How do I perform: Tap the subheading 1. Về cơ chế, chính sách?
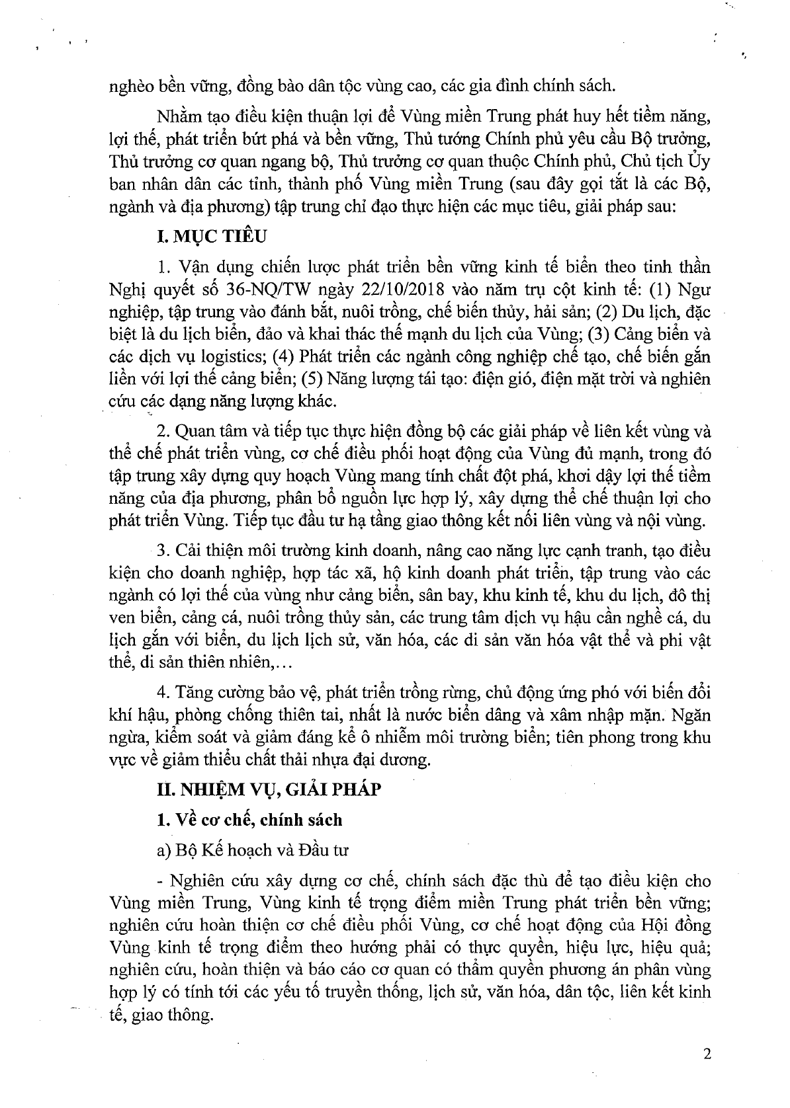pyautogui.click(x=249, y=820)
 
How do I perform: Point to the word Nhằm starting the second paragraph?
pyautogui.click(x=178, y=117)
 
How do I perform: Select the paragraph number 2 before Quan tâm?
pyautogui.click(x=163, y=432)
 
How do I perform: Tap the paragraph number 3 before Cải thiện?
pyautogui.click(x=163, y=551)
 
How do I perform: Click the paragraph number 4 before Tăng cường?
pyautogui.click(x=163, y=692)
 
